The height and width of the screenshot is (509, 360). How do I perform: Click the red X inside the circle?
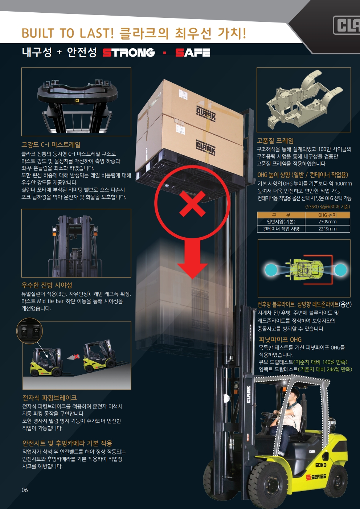click(x=192, y=204)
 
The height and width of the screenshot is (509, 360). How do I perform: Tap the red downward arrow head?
click(x=192, y=271)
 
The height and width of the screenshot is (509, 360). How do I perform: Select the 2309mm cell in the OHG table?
click(x=327, y=222)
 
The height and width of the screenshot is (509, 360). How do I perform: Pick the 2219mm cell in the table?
click(x=327, y=229)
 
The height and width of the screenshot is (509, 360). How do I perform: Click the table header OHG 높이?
click(x=327, y=215)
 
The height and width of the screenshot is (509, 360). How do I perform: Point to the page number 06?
click(x=25, y=490)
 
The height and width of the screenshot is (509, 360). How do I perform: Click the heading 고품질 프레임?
click(x=275, y=141)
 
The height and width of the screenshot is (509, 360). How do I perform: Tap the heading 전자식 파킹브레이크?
click(x=50, y=398)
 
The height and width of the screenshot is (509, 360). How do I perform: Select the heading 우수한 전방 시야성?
click(x=47, y=285)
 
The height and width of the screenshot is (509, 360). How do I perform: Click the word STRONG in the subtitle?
click(x=128, y=53)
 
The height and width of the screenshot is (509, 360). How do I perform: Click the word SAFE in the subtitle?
click(x=193, y=53)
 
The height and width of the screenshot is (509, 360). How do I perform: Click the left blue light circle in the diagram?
click(x=271, y=270)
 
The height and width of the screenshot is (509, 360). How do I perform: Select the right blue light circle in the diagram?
click(x=340, y=270)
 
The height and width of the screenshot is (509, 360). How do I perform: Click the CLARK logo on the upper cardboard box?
click(x=206, y=114)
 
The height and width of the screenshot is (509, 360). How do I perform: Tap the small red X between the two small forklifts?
click(x=77, y=356)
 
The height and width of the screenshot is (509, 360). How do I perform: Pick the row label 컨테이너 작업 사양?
click(x=281, y=229)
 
